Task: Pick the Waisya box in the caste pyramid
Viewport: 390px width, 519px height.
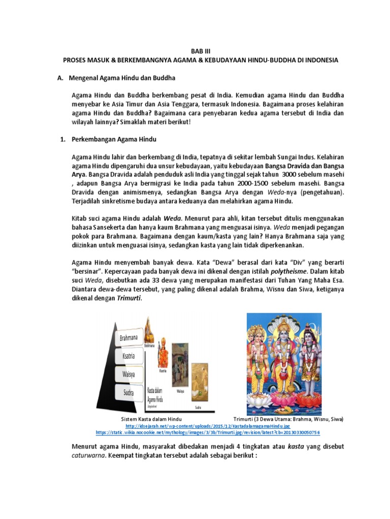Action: [128, 374]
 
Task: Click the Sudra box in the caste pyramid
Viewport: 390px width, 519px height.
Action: [128, 392]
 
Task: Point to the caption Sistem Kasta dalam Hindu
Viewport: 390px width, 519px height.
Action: [151, 420]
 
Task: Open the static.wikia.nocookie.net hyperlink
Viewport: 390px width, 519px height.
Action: [208, 433]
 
